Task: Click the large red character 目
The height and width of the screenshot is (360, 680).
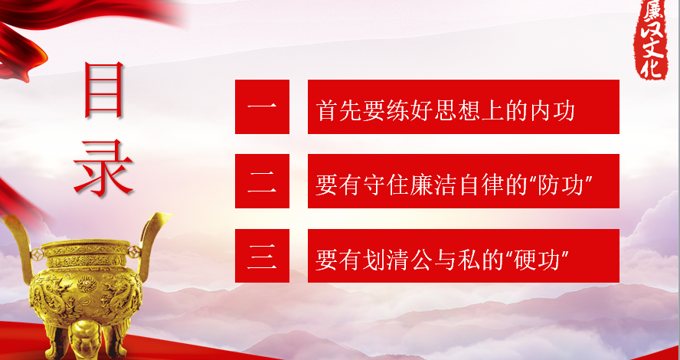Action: tap(104, 90)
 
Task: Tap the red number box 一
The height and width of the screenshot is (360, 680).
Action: tap(262, 106)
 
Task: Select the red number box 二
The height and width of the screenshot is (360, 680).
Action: tap(262, 181)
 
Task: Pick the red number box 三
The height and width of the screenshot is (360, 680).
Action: tap(262, 256)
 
